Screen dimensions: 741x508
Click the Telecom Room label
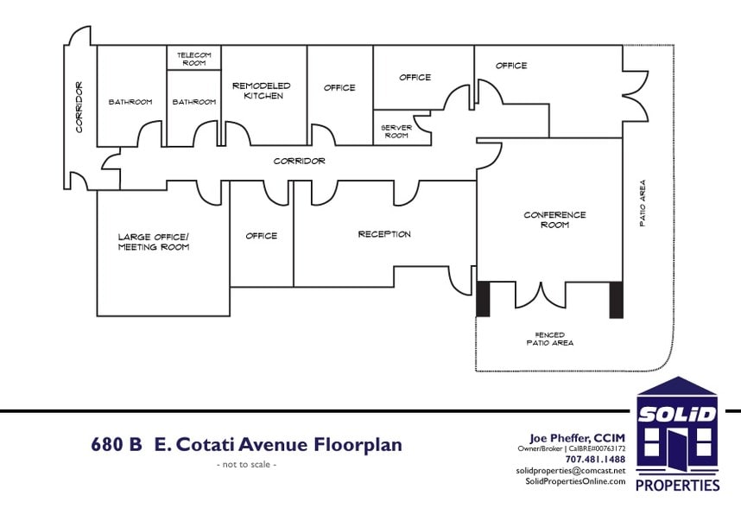193,59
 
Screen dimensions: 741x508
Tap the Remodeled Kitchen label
262,91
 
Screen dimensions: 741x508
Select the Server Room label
396,131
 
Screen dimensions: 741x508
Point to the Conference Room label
554,219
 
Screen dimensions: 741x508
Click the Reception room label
384,234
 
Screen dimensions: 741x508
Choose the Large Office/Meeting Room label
154,242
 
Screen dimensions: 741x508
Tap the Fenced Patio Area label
550,339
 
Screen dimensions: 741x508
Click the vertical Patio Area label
643,203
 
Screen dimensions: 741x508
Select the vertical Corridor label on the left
79,107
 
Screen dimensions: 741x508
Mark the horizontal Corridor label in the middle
299,162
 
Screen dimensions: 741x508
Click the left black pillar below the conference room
483,299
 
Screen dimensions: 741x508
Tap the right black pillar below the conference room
617,300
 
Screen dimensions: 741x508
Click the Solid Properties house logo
677,434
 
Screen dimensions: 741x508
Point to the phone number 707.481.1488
595,460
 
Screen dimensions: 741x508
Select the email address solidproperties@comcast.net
570,471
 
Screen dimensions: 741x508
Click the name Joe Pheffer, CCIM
577,439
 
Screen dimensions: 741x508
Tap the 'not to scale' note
247,465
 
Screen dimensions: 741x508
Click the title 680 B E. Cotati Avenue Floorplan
247,445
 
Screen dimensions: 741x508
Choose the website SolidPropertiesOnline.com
575,481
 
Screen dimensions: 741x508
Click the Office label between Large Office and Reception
262,236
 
